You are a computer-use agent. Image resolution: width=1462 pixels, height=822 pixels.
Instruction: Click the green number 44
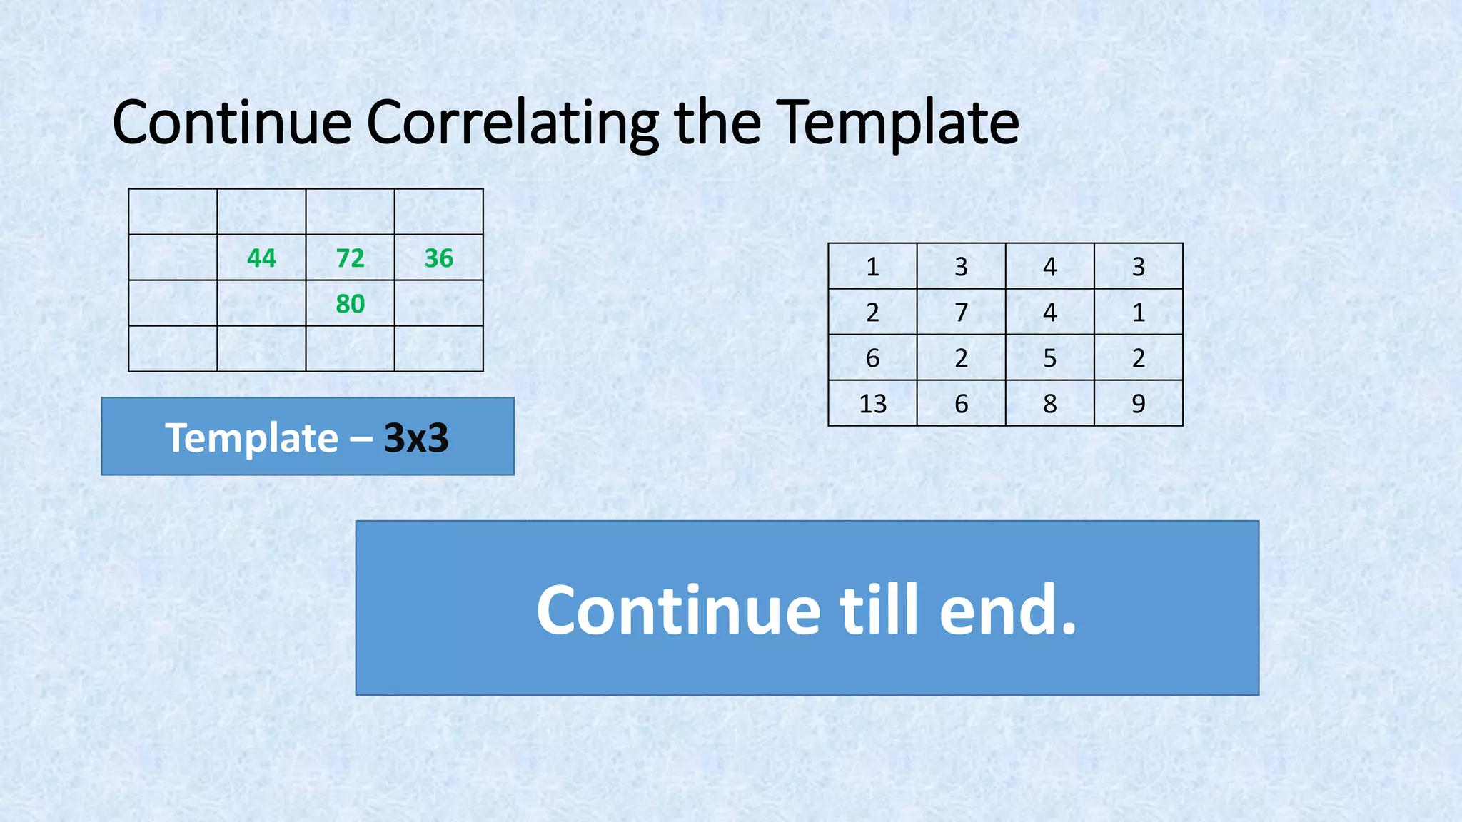click(x=261, y=258)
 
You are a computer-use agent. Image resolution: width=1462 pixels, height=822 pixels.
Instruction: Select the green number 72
click(x=350, y=258)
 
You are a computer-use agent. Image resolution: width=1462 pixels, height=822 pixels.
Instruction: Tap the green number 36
click(x=438, y=258)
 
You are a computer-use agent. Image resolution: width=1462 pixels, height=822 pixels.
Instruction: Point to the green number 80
click(x=350, y=304)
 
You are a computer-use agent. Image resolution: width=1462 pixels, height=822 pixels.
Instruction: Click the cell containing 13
click(x=872, y=404)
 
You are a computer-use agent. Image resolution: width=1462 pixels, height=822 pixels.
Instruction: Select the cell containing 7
click(x=961, y=313)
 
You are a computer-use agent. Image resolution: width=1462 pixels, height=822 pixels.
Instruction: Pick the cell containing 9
click(x=1138, y=404)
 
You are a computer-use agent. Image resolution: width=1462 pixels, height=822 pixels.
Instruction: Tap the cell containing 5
click(x=1049, y=358)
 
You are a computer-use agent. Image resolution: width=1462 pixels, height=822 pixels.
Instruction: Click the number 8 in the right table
click(x=1049, y=404)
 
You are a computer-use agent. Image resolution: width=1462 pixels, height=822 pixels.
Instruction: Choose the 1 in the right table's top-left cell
click(x=872, y=267)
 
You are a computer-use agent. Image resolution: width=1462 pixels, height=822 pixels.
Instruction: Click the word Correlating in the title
click(x=512, y=123)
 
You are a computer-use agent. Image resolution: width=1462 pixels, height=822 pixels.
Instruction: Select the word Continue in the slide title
click(x=232, y=123)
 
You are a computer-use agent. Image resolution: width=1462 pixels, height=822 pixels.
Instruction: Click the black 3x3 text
click(x=416, y=437)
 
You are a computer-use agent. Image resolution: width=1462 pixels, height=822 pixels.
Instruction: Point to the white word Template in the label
click(x=251, y=437)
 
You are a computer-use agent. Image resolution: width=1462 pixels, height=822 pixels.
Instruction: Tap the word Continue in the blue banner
click(x=678, y=609)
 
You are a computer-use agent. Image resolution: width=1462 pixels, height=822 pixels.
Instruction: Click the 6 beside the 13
click(x=961, y=404)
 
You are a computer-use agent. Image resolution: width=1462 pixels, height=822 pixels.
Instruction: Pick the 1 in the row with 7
click(x=1138, y=313)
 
